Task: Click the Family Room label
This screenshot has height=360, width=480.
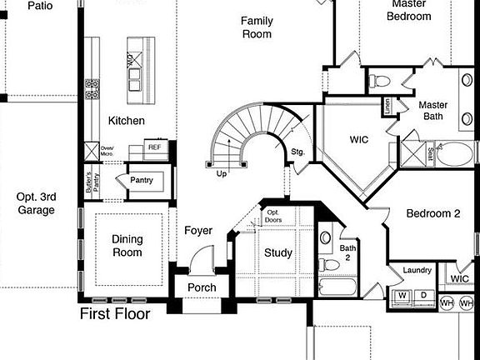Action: click(257, 27)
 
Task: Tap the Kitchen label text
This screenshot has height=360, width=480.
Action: click(127, 121)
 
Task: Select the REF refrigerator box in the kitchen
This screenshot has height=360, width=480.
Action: click(154, 147)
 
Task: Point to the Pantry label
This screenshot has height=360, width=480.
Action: click(142, 179)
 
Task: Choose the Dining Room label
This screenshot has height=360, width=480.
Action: click(127, 246)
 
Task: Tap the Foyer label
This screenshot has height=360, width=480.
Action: click(198, 231)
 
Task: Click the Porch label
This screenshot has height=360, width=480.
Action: click(202, 287)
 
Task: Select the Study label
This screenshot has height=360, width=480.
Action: click(278, 252)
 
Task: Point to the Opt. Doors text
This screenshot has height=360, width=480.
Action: click(272, 217)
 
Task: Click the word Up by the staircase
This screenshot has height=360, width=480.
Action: click(222, 173)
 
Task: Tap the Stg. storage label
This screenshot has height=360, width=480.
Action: click(297, 152)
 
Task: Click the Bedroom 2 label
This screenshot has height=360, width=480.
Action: click(433, 213)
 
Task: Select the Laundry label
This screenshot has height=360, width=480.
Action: click(417, 270)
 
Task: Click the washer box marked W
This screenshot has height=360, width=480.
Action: click(402, 296)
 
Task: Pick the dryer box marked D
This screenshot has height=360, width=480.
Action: click(422, 296)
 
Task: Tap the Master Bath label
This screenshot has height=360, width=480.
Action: click(432, 110)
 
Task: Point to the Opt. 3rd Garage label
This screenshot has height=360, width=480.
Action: click(35, 203)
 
